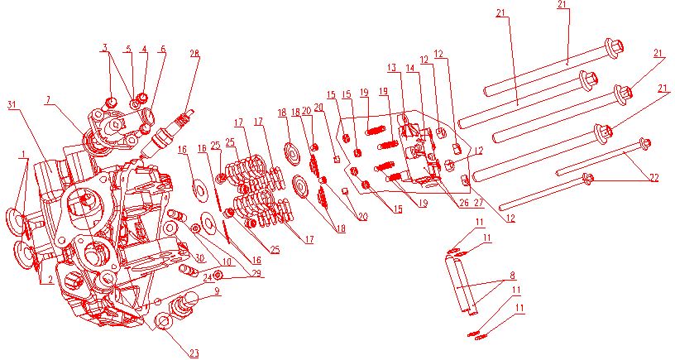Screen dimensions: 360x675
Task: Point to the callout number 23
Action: pyautogui.click(x=194, y=353)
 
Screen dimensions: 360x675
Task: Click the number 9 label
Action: pyautogui.click(x=218, y=290)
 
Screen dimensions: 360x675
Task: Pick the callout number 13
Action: pyautogui.click(x=391, y=67)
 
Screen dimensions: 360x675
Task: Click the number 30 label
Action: pyautogui.click(x=199, y=258)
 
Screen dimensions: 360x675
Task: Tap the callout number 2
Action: pyautogui.click(x=50, y=281)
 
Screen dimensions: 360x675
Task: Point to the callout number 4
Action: pyautogui.click(x=144, y=49)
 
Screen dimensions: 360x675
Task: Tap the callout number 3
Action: pyautogui.click(x=105, y=49)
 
